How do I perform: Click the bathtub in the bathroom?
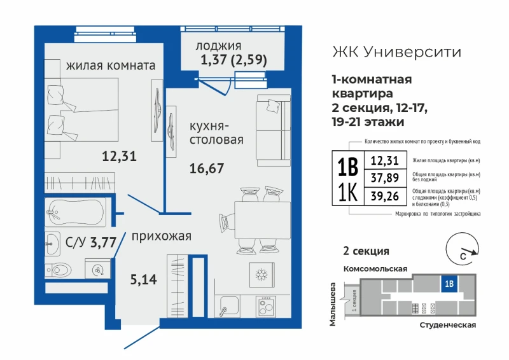[75, 212]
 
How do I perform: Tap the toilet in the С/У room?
[59, 270]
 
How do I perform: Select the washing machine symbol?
[97, 268]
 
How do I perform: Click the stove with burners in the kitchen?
[265, 307]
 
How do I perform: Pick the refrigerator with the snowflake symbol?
[261, 275]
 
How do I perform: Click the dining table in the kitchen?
[262, 220]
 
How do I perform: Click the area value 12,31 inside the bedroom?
[119, 156]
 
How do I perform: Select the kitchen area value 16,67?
[207, 168]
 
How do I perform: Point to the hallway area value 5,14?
[144, 279]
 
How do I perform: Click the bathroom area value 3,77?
[103, 242]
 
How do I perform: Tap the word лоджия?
[218, 46]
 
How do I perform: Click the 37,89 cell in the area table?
[386, 177]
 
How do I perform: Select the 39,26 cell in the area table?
[386, 196]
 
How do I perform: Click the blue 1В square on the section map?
[449, 284]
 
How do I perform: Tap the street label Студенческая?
[448, 325]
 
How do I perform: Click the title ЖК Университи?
[396, 52]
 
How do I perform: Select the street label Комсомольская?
[375, 269]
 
